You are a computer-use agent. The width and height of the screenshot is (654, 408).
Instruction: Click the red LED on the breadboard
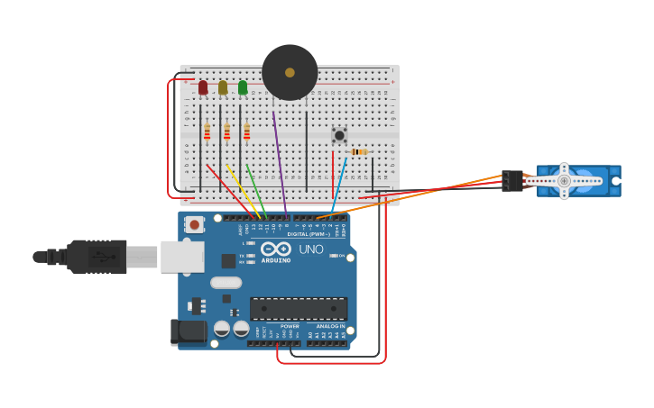tap(203, 87)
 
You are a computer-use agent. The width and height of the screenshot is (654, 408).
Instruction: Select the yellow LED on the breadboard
tap(223, 87)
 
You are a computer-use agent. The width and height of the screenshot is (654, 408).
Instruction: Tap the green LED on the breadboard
tap(243, 87)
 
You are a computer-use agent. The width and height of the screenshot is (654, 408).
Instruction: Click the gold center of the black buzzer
tap(290, 72)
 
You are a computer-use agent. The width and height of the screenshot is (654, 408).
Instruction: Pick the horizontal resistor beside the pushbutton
tap(360, 152)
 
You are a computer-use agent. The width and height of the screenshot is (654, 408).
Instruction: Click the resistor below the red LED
tap(207, 132)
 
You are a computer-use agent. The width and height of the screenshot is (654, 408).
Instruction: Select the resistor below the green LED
tap(246, 132)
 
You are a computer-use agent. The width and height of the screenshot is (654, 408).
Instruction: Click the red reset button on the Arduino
tap(194, 224)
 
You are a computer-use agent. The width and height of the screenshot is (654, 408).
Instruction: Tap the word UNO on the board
tap(310, 249)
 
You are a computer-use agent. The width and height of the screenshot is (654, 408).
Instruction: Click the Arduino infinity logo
tap(276, 249)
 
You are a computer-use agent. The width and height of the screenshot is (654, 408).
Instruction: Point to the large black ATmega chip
tap(299, 308)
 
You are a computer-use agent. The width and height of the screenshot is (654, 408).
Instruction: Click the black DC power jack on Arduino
tap(189, 331)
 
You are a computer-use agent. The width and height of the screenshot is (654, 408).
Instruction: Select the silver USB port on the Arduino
tap(181, 257)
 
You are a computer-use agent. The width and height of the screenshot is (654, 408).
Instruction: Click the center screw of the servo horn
tap(564, 181)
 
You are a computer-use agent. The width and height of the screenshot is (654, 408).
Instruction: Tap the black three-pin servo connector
tap(512, 181)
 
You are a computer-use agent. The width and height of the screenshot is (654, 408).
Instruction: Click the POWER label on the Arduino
tap(289, 326)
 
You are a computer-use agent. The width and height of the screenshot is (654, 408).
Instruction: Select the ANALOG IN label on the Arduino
tap(330, 326)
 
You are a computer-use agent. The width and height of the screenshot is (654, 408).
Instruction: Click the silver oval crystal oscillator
tap(226, 283)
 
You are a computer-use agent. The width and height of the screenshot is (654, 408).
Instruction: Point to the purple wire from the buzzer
tap(280, 162)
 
